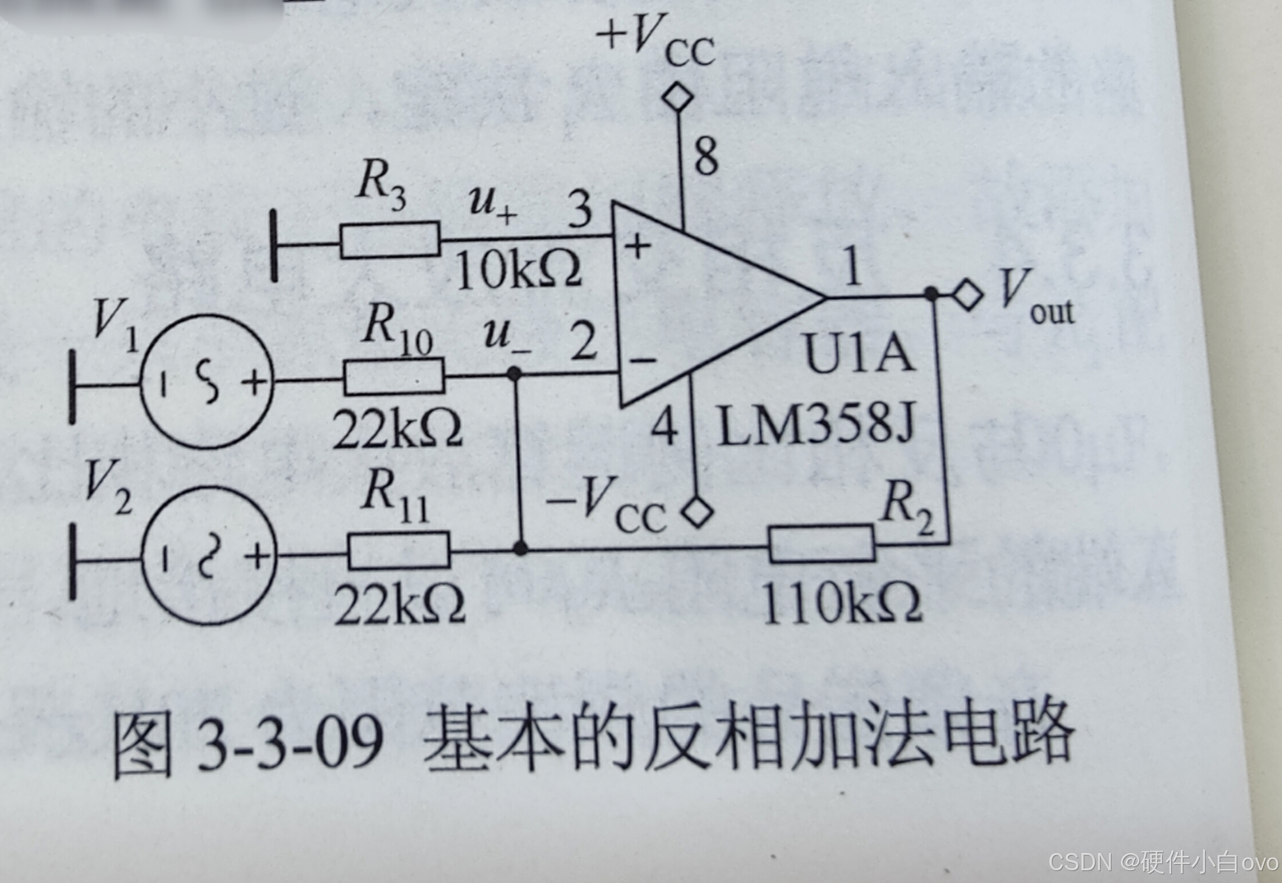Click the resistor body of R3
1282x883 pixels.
coord(390,239)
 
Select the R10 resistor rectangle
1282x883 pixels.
coord(394,376)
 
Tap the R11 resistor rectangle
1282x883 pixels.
coord(399,550)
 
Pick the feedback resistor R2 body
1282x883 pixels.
coord(822,543)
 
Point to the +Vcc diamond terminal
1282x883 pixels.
coord(678,96)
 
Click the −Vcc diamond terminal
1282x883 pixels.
coord(698,511)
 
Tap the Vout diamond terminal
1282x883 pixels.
coord(968,295)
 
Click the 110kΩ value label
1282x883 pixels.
coord(841,604)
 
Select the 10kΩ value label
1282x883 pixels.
coord(518,270)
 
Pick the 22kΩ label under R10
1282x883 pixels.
coord(397,429)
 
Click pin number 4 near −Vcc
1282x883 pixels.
coord(664,427)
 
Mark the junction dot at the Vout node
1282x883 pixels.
coord(931,295)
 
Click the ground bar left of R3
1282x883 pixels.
coord(274,246)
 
